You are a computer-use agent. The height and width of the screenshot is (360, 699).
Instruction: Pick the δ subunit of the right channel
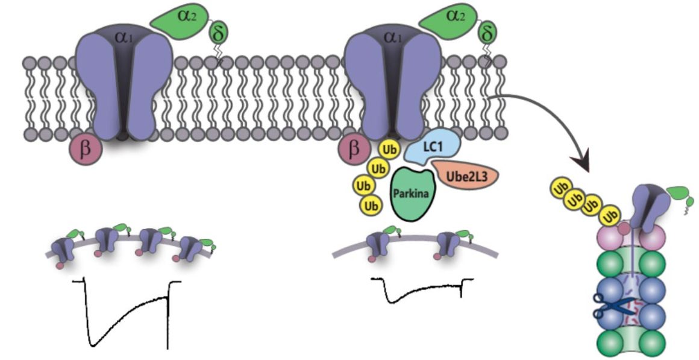486,33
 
